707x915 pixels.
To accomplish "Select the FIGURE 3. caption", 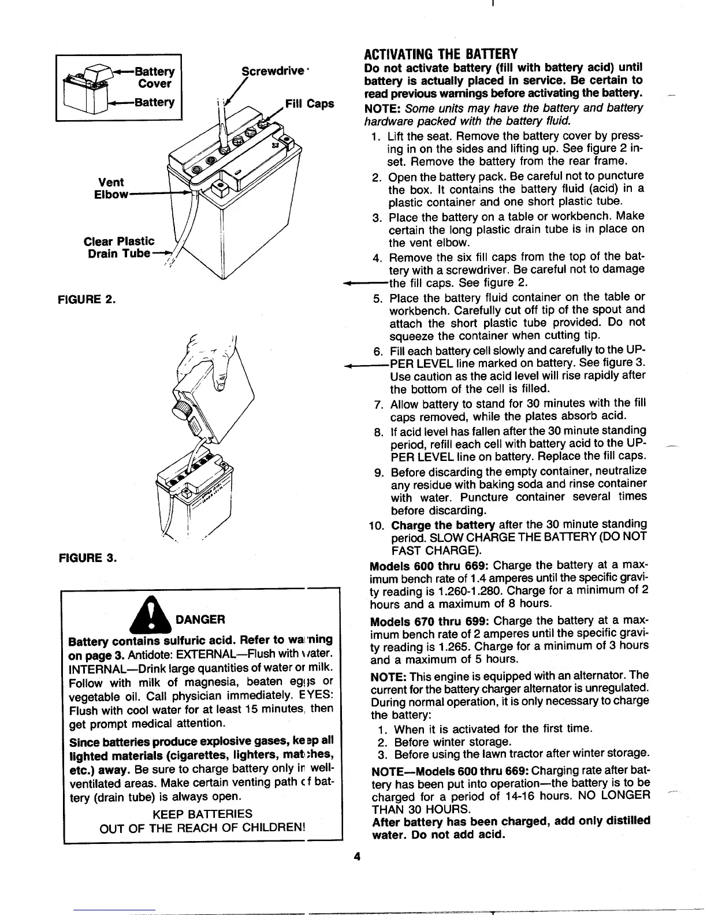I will tap(87, 559).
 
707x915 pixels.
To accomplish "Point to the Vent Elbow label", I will tap(111, 188).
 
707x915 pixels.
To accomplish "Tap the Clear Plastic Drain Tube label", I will tap(119, 247).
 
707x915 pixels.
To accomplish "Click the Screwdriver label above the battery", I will tap(273, 71).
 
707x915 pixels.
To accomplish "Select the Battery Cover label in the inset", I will tap(154, 77).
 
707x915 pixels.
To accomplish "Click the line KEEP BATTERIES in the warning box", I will tap(202, 814).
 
